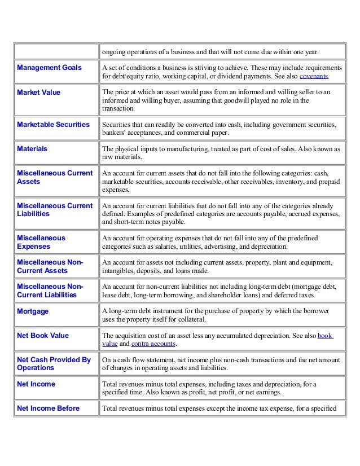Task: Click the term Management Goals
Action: pos(49,68)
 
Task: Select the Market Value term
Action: pos(38,92)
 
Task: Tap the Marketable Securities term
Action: pos(53,125)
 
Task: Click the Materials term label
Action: pos(32,149)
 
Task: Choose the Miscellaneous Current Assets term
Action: pos(55,178)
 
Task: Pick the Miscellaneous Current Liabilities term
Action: pos(55,210)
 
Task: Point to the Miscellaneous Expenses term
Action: pos(41,242)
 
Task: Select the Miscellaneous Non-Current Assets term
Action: pos(50,266)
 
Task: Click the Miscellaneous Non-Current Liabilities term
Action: pos(50,291)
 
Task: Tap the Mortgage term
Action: pos(33,311)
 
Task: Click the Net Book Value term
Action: pos(43,336)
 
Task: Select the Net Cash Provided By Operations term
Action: pos(54,364)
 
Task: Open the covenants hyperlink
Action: pos(313,76)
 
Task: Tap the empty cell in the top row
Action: pos(56,52)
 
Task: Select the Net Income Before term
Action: pos(48,408)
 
